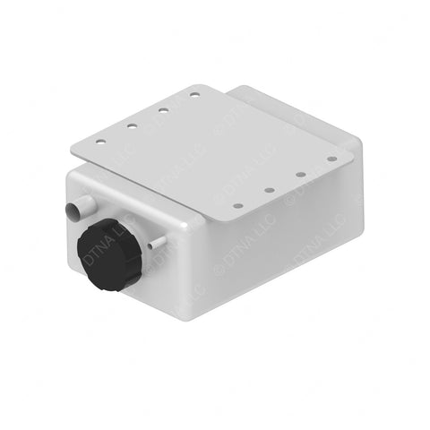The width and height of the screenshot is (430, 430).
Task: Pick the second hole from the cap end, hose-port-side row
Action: [x=132, y=125]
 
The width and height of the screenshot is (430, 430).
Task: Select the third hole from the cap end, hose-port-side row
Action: [x=163, y=109]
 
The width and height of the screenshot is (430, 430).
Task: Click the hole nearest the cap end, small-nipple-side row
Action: [x=238, y=205]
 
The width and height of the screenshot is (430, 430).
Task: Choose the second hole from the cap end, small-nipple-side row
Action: [x=269, y=190]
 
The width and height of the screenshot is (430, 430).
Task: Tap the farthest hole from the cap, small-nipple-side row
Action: [x=331, y=159]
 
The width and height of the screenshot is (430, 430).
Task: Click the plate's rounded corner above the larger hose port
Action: [x=73, y=149]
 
